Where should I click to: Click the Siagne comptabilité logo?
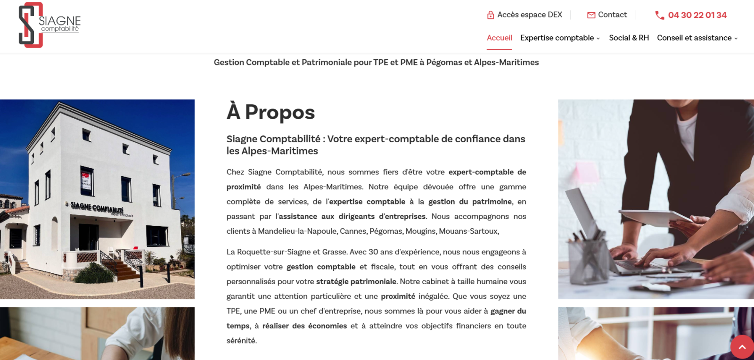[49, 25]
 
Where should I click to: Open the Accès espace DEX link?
[530, 15]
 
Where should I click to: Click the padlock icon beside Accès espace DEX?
[491, 15]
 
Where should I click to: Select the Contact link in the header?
[612, 15]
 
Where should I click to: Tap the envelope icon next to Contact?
[591, 15]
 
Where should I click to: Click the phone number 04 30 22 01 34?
[697, 15]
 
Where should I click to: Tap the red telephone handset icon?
[659, 16]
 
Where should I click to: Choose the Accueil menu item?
[499, 38]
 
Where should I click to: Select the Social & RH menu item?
[629, 38]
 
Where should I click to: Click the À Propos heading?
[270, 112]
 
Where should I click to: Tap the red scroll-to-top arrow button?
[742, 347]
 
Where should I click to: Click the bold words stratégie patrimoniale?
[356, 281]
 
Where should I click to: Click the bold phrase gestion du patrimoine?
[469, 202]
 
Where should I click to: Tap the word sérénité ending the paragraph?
[241, 341]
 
